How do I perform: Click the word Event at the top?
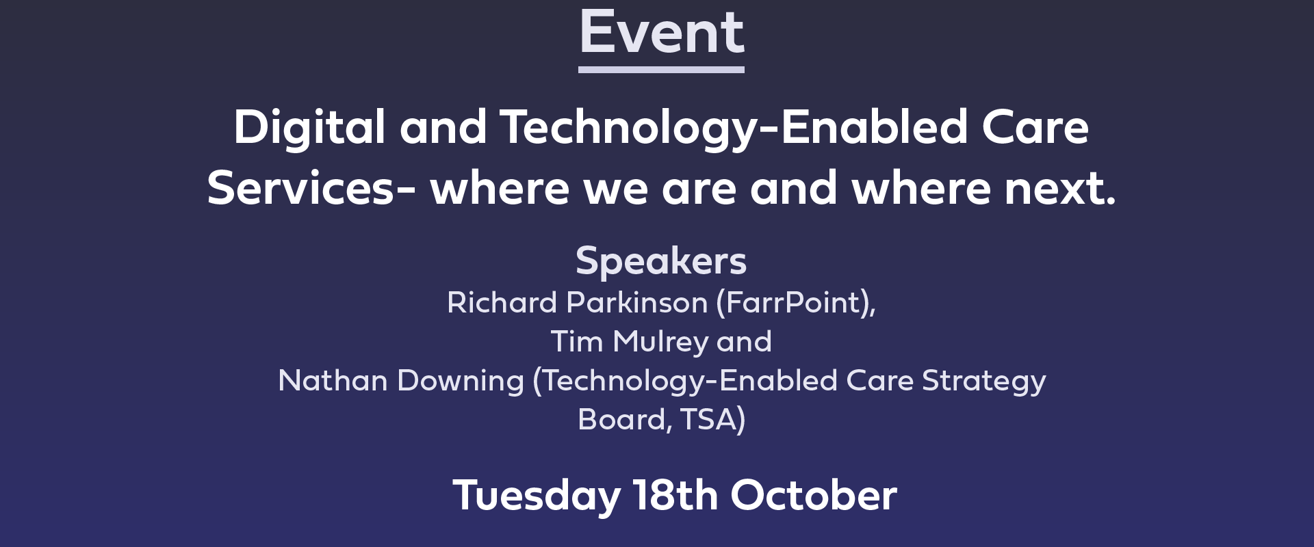(x=662, y=32)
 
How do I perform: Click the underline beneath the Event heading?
(x=661, y=70)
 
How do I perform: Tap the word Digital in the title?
(x=309, y=129)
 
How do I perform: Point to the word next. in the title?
(x=1059, y=189)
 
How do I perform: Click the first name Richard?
(x=502, y=302)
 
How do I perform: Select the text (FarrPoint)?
(x=796, y=303)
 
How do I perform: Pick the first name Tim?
(x=577, y=341)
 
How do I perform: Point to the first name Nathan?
(x=333, y=380)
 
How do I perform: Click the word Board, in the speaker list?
(x=625, y=420)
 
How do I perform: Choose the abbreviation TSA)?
(x=713, y=420)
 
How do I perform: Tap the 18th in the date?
(x=675, y=495)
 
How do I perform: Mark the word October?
(x=814, y=495)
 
